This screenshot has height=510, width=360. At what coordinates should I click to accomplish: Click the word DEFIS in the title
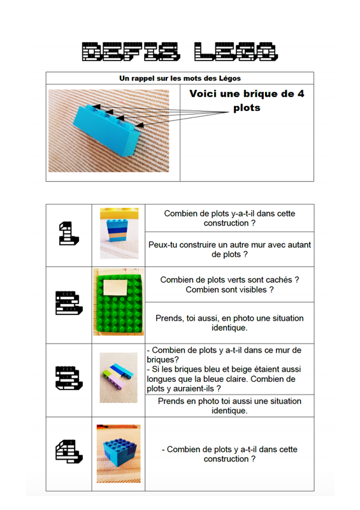pos(131,52)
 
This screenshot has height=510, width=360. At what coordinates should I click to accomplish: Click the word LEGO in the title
pos(236,52)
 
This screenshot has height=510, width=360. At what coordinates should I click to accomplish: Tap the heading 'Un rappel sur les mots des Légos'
pos(180,78)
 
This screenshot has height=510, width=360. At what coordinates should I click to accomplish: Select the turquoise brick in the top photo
pos(107,130)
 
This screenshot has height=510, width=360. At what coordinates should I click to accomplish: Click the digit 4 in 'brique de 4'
pos(301,94)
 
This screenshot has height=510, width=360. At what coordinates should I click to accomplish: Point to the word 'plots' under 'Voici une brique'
pos(247,108)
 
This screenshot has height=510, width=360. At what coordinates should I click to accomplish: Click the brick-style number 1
pos(69,233)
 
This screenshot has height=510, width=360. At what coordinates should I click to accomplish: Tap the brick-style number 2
pos(69,303)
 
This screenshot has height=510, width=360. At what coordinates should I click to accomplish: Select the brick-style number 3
pos(69,378)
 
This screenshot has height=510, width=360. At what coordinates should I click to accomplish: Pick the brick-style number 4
pos(69,451)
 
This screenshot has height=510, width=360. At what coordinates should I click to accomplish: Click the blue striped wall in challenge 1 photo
pos(117,230)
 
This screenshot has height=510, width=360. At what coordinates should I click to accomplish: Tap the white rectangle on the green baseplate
pos(115,288)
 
